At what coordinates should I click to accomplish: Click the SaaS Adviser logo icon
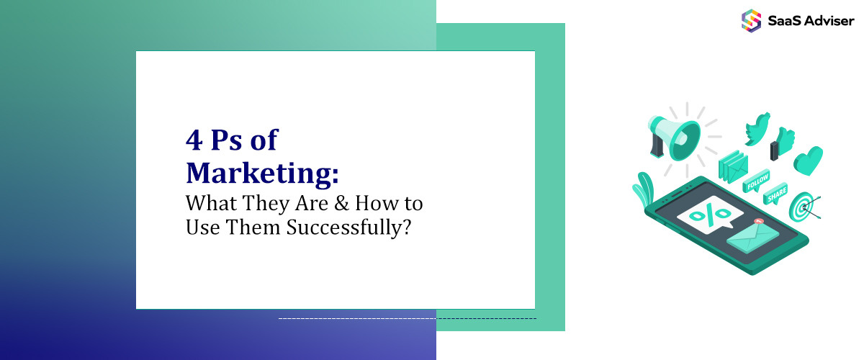click(x=751, y=19)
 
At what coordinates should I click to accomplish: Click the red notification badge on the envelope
click(x=757, y=222)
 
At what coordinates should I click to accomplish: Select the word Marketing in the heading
click(x=261, y=173)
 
